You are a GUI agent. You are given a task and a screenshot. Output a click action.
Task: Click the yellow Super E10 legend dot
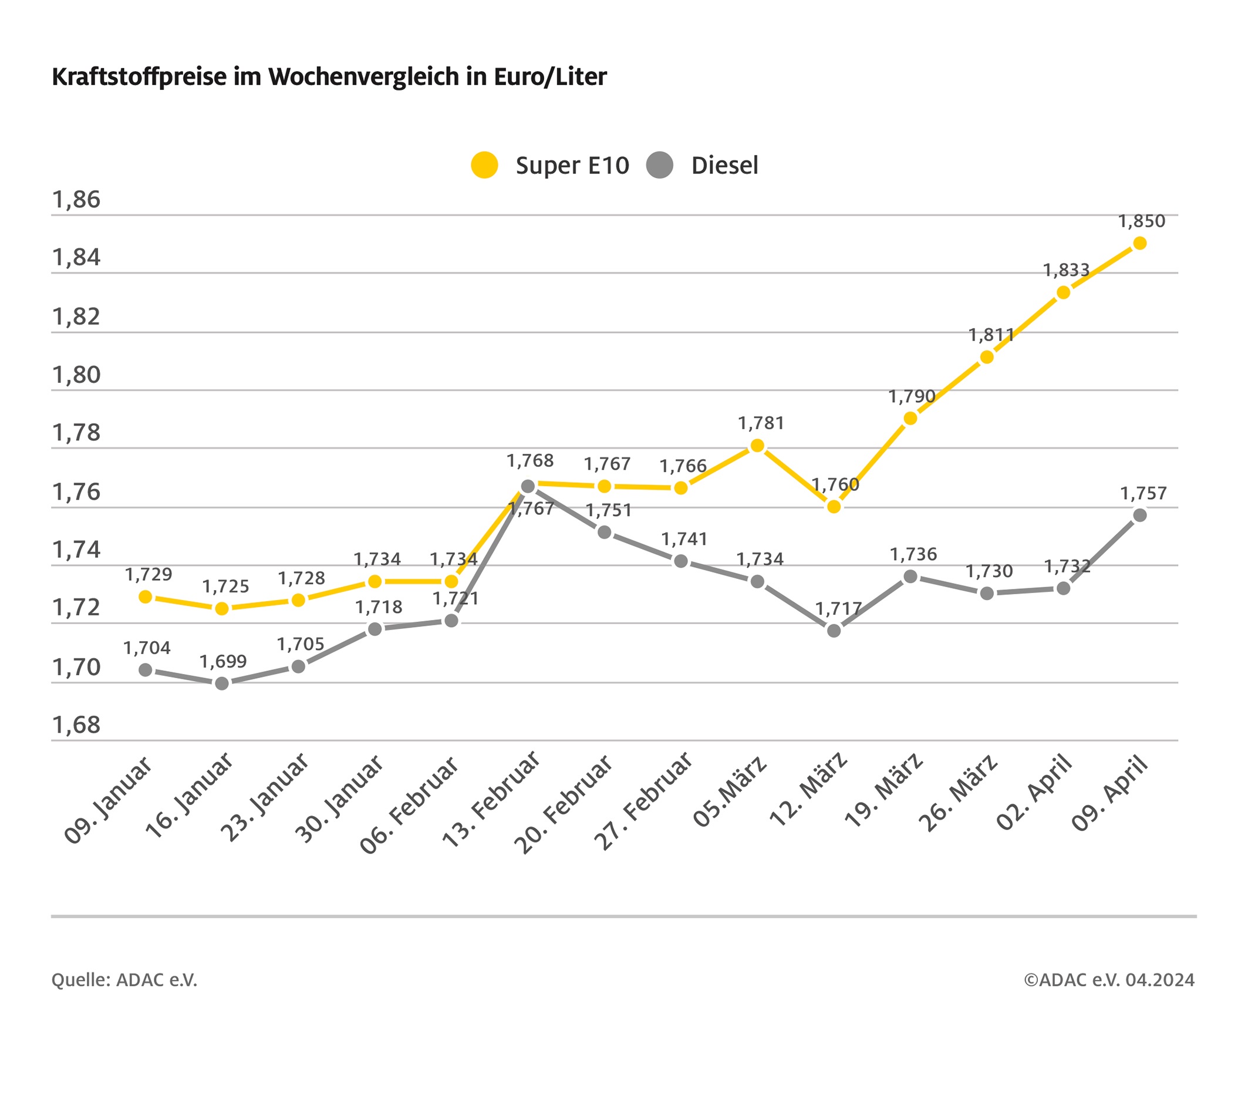click(x=484, y=165)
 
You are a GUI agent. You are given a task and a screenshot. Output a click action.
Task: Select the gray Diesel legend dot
click(x=659, y=165)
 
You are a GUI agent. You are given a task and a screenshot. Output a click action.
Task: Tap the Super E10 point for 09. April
click(x=1139, y=244)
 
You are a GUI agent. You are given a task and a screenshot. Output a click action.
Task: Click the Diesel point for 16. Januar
click(x=222, y=683)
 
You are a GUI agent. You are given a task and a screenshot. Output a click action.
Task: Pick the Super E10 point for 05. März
click(x=757, y=446)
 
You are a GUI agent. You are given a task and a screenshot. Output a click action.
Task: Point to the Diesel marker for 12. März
click(x=834, y=630)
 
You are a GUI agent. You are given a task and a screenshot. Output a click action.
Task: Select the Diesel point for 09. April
click(x=1139, y=516)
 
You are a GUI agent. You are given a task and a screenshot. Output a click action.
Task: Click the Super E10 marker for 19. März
click(x=910, y=419)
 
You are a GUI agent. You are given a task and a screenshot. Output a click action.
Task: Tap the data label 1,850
click(x=1141, y=221)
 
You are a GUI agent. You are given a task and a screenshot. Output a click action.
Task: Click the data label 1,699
click(x=223, y=661)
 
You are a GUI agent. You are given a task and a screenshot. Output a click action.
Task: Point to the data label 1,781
click(x=761, y=423)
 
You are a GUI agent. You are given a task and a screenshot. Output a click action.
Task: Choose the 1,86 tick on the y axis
click(x=76, y=200)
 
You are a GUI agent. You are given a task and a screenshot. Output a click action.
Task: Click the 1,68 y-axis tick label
click(x=76, y=725)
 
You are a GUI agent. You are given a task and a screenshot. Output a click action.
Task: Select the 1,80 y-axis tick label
click(x=76, y=375)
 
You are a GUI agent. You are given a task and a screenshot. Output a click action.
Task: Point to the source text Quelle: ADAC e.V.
click(x=124, y=980)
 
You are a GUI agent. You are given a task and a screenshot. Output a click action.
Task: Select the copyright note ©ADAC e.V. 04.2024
click(x=1109, y=980)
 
